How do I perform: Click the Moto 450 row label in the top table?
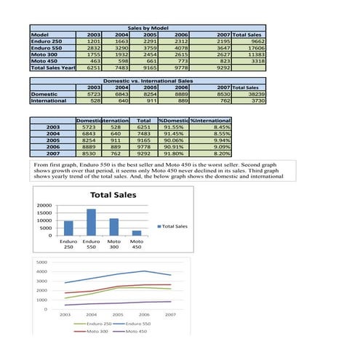(x=46, y=60)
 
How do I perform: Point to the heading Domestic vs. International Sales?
(x=148, y=81)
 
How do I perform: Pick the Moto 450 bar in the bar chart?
(x=137, y=232)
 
